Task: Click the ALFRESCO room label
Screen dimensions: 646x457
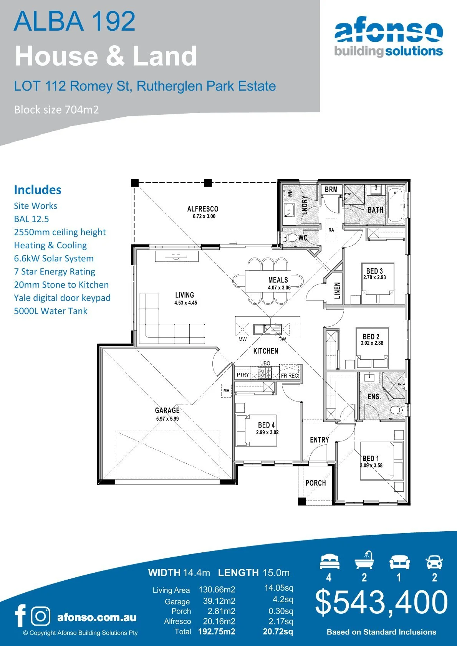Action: click(203, 209)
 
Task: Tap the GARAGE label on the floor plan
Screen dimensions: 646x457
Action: click(167, 410)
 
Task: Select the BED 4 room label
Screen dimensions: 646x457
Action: click(266, 425)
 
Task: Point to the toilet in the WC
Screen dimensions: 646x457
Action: click(292, 238)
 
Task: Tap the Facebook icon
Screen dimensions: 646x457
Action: click(20, 616)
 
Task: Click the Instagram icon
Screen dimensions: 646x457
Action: click(40, 616)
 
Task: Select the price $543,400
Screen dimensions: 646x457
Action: click(381, 602)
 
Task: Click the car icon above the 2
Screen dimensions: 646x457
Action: click(434, 562)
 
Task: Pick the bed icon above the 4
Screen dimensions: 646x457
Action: click(329, 562)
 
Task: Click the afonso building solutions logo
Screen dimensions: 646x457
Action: click(388, 39)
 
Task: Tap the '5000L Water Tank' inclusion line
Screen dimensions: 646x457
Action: click(51, 311)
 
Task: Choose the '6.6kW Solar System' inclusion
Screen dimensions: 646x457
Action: click(54, 258)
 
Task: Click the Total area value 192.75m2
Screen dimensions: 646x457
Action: click(217, 631)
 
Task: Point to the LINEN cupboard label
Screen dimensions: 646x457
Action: click(337, 291)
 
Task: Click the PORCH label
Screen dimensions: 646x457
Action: click(315, 483)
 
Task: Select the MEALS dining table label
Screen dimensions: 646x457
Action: click(278, 280)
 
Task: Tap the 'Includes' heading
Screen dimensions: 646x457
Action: click(38, 190)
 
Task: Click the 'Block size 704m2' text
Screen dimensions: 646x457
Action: click(56, 110)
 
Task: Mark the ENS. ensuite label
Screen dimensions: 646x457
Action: click(374, 397)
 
